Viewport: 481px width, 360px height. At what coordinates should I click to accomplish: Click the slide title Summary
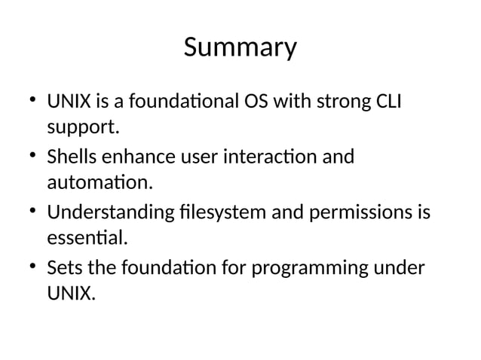click(240, 47)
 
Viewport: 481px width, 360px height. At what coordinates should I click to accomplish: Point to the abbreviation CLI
click(384, 102)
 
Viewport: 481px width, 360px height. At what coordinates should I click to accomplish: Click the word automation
click(98, 182)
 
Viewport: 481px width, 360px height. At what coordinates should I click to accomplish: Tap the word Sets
click(63, 269)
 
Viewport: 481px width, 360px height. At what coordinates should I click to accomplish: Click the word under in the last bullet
click(404, 269)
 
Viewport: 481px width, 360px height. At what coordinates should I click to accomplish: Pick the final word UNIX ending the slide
click(71, 294)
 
